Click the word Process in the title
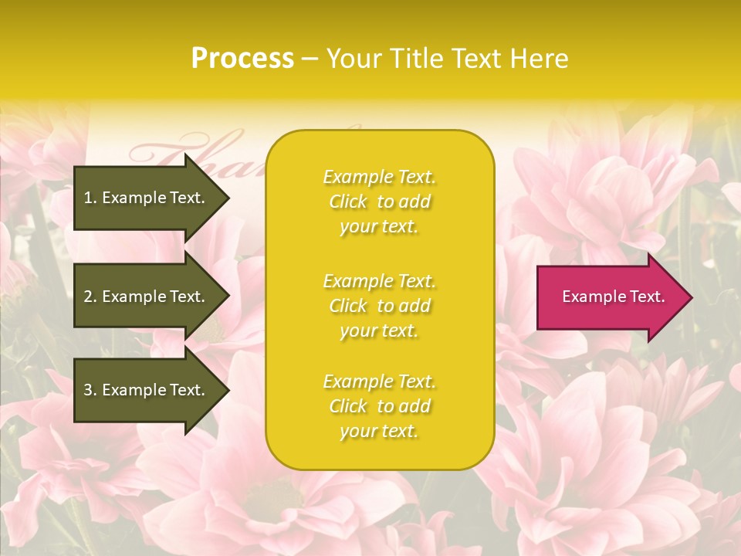coord(242,59)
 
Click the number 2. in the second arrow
coord(90,297)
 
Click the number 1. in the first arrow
coord(90,198)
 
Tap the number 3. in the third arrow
coord(90,390)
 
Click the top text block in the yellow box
coord(379,202)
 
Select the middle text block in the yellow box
coord(379,306)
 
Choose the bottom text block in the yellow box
coord(379,406)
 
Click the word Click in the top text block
coord(348,202)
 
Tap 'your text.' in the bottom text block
coord(379,431)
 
